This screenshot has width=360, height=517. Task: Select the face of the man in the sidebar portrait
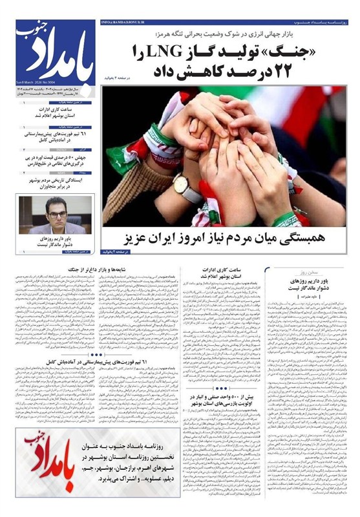pyautogui.click(x=56, y=209)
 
